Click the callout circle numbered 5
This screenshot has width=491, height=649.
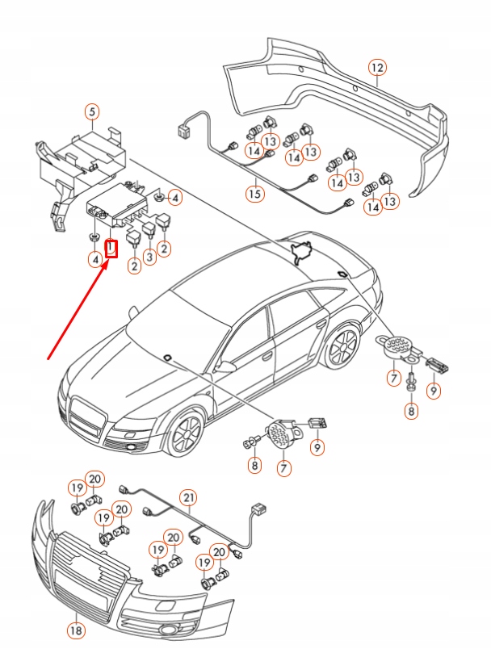tap(93, 113)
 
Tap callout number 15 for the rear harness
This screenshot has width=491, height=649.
tap(255, 194)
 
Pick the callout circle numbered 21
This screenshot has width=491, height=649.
tap(189, 498)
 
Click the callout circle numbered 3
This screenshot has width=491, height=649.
tap(149, 257)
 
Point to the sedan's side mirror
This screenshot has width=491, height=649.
tap(227, 366)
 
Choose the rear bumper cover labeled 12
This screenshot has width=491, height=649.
tap(339, 105)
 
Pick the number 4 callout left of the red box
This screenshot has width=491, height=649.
tap(94, 259)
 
